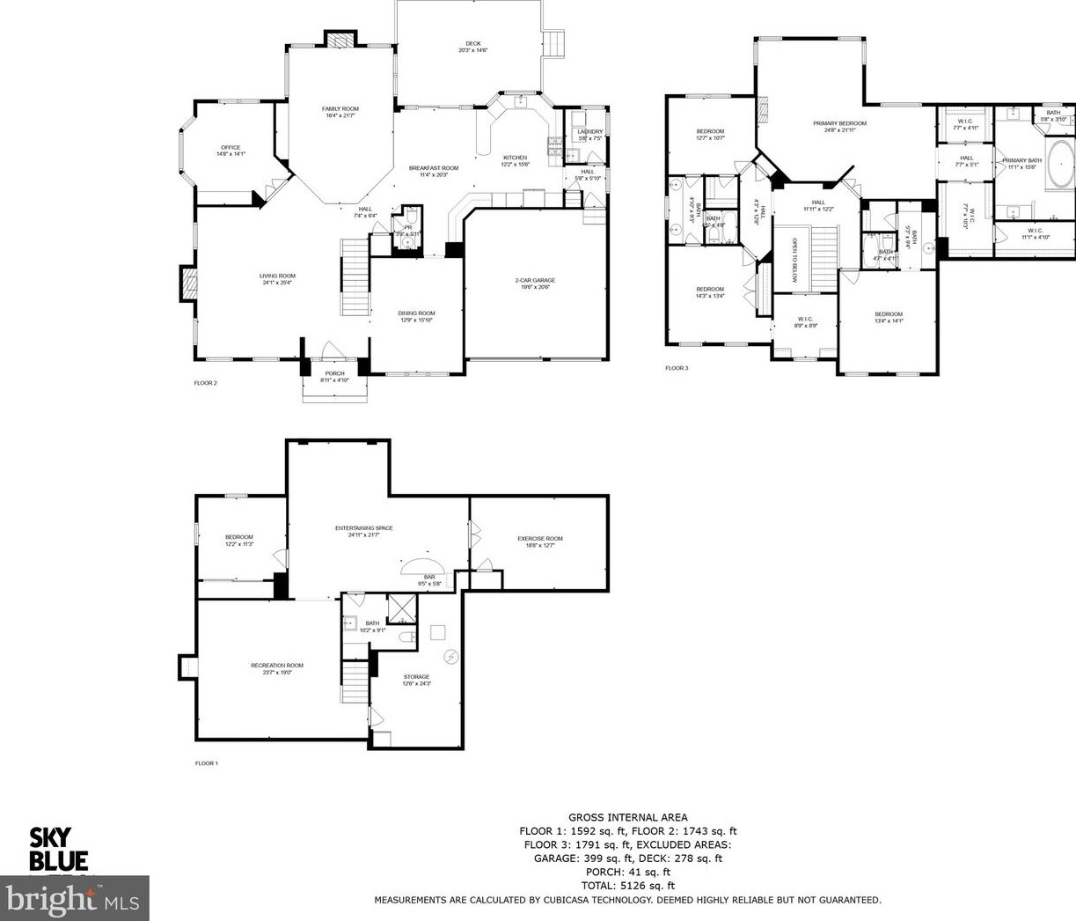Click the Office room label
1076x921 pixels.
[x=231, y=148]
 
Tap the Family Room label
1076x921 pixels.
[x=340, y=109]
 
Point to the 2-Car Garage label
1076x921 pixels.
[x=535, y=281]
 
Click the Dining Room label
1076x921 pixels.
[x=416, y=313]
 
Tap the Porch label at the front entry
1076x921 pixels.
[x=334, y=373]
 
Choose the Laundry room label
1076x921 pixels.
[x=589, y=132]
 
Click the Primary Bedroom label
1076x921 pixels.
[x=839, y=124]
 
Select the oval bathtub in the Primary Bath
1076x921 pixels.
[x=1059, y=164]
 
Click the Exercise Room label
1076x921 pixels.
[x=539, y=539]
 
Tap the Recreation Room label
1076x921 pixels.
[x=276, y=666]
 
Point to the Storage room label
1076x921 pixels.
[x=417, y=677]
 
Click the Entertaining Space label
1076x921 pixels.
[x=363, y=528]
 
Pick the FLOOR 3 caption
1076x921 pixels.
[x=677, y=368]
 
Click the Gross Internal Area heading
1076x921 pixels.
[x=627, y=818]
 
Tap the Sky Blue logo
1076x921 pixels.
[x=59, y=849]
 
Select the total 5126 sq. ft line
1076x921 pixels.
[x=627, y=886]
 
